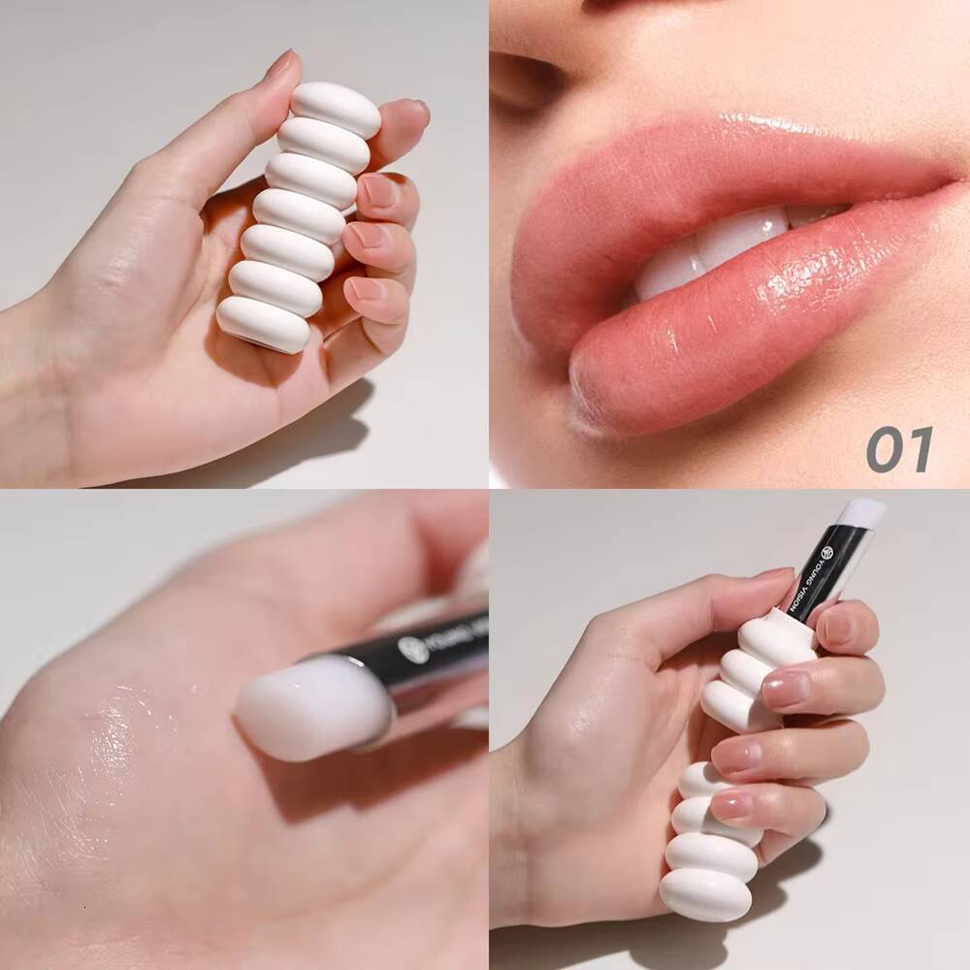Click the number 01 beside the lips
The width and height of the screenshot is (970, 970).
click(x=899, y=449)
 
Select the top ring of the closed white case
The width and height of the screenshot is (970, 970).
click(x=336, y=108)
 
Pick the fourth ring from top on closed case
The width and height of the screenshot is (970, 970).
click(x=299, y=214)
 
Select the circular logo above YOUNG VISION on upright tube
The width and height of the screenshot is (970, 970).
click(x=826, y=553)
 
